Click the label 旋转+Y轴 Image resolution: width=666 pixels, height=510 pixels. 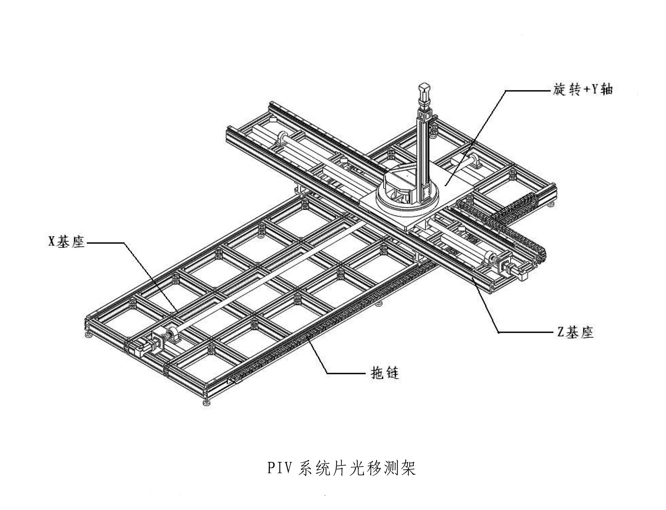tap(582, 90)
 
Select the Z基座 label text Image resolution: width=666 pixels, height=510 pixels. tap(575, 332)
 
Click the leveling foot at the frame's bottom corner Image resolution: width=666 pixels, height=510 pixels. tap(206, 402)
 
